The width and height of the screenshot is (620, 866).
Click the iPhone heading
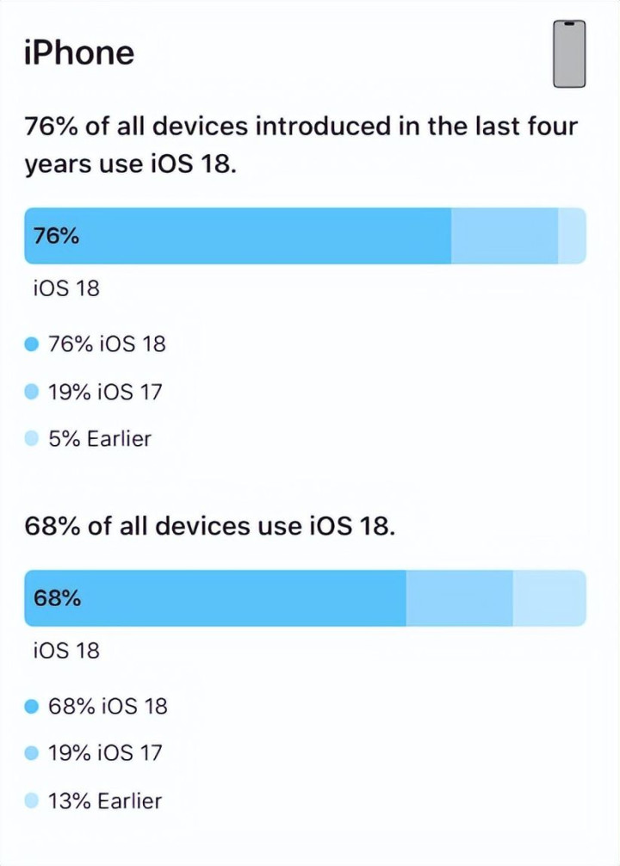[80, 53]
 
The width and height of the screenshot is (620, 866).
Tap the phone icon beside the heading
[568, 54]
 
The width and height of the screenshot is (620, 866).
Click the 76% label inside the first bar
[56, 235]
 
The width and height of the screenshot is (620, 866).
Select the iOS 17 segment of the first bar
[505, 235]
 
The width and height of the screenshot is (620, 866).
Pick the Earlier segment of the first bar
[572, 235]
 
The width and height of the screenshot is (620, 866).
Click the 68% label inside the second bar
[57, 597]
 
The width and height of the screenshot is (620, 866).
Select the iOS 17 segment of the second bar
[459, 597]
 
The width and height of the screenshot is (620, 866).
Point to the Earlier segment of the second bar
[549, 597]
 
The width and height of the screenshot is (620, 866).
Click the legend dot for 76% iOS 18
[32, 344]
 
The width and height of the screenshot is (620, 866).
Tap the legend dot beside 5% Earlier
[32, 439]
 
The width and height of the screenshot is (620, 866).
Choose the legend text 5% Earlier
[99, 439]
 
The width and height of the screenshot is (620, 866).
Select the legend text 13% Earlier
[104, 801]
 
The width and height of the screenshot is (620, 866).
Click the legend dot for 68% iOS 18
[32, 707]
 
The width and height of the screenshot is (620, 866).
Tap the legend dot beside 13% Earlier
[32, 801]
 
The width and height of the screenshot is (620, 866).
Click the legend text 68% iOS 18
[108, 707]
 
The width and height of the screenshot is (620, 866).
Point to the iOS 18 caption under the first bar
[66, 288]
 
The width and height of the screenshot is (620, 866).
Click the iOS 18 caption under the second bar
[66, 651]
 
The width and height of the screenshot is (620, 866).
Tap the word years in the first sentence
[55, 164]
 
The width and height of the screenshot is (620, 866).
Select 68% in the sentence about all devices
[52, 526]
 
